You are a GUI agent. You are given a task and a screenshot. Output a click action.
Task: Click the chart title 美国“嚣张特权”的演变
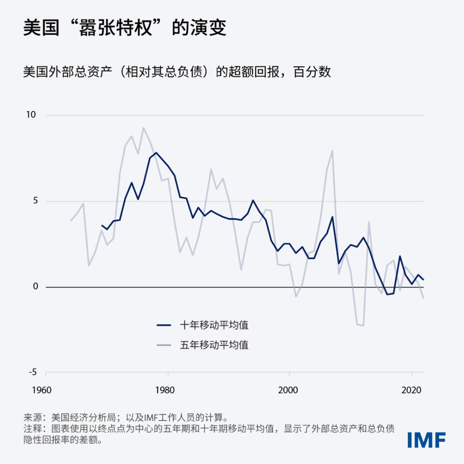[125, 28]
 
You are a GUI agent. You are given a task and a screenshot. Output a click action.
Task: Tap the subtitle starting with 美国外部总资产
[177, 72]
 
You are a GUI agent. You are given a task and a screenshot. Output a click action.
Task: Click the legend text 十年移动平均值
[214, 325]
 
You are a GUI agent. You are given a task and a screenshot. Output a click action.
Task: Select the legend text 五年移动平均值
[214, 345]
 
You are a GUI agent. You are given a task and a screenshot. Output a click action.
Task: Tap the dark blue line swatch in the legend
[164, 325]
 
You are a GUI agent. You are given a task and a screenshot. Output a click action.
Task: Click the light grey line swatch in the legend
[164, 345]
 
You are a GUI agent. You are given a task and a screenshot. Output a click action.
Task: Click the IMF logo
[426, 440]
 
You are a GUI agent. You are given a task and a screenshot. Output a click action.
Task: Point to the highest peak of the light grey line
[143, 128]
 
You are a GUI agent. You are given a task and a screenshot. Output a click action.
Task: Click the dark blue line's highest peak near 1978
[156, 153]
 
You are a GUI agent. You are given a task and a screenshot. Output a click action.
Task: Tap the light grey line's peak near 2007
[332, 150]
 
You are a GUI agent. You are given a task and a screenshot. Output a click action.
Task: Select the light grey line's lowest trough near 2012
[363, 325]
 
